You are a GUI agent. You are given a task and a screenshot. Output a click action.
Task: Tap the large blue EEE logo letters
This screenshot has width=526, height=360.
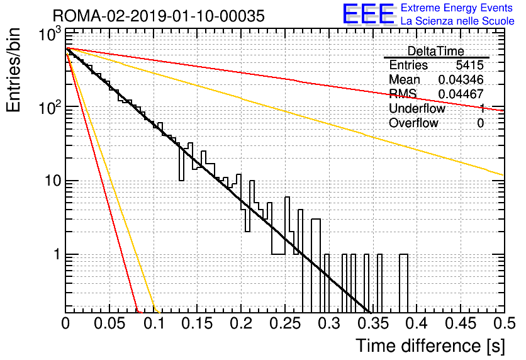coord(369,15)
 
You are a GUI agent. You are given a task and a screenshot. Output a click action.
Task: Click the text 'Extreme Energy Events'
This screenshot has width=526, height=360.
coord(457,8)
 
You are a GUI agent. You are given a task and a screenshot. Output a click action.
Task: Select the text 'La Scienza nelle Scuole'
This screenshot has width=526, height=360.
coord(457,21)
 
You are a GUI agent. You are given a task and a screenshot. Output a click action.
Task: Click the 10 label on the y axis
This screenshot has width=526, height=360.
coord(48,181)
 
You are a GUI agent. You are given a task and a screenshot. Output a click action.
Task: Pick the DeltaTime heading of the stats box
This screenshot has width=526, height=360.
coord(436,51)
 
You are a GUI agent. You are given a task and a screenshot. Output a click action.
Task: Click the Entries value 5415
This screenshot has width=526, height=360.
coord(470,65)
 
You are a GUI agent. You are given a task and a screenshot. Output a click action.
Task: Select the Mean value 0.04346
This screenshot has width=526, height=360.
coord(461,80)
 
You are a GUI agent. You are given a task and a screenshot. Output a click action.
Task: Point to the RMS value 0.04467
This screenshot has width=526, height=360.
coord(461,94)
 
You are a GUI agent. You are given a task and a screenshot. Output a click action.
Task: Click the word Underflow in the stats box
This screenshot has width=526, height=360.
coord(417,108)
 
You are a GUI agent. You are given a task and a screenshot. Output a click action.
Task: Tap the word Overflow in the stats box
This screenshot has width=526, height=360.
coord(413,123)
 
